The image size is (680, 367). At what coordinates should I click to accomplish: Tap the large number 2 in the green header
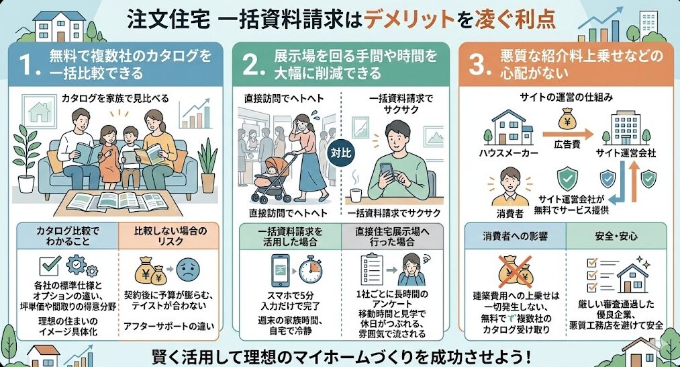click(250, 65)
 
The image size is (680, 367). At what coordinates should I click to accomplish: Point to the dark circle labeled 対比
click(341, 153)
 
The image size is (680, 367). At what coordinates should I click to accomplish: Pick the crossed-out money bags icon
click(515, 272)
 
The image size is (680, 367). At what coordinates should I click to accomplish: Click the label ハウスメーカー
click(508, 153)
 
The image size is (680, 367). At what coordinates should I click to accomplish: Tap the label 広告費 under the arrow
click(567, 145)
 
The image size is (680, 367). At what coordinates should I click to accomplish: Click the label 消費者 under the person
click(510, 213)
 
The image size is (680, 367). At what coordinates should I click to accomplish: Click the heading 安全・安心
click(616, 237)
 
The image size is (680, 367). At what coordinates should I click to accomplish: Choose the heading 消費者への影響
click(515, 237)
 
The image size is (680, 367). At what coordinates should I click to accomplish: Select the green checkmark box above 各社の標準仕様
click(50, 266)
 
